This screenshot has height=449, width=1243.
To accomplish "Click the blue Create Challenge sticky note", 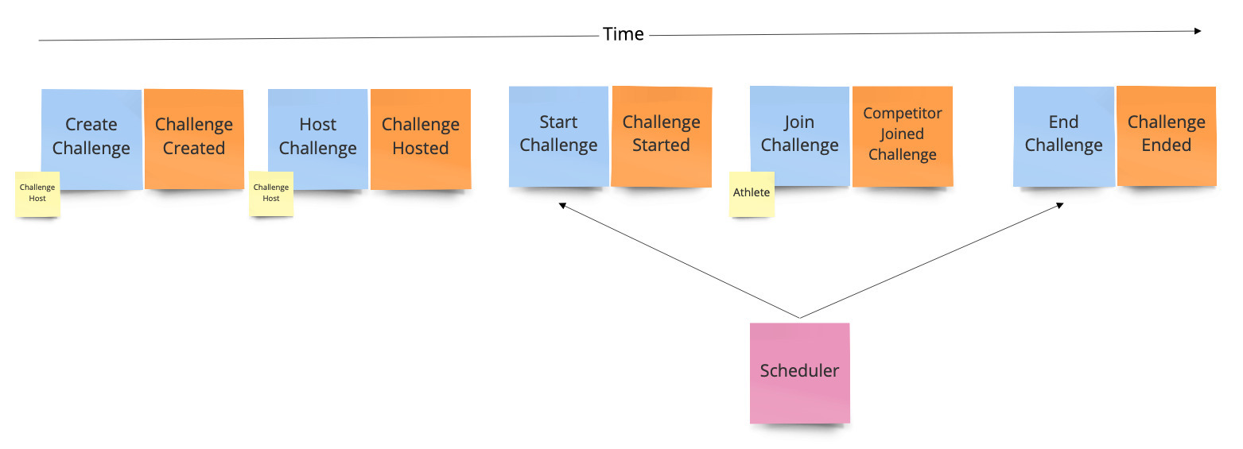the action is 91,139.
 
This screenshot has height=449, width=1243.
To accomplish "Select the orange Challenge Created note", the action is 194,138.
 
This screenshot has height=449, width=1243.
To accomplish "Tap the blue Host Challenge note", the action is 318,138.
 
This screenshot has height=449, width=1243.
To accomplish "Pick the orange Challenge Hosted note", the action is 421,138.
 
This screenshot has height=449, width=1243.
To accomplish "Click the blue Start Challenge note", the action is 558,137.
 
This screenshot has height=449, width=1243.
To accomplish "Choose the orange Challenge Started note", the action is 662,137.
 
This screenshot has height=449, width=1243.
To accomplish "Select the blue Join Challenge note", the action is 799,136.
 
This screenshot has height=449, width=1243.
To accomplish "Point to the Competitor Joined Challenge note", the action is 903,136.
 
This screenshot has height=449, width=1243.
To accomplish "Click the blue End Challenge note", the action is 1064,137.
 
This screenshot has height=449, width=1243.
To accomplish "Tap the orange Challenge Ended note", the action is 1167,136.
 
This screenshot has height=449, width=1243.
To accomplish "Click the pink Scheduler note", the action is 799,373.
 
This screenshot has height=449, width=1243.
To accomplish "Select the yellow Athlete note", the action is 752,194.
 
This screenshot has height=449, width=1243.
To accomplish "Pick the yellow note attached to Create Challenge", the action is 37,194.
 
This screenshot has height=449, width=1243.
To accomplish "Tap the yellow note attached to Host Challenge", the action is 271,193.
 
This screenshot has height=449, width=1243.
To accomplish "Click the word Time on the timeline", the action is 623,34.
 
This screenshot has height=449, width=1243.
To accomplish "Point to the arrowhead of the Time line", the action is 1198,31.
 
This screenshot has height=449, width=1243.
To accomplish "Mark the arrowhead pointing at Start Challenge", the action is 562,205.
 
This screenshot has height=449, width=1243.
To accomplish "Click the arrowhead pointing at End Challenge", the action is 1060,205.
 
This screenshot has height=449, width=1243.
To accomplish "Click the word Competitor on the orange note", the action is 903,113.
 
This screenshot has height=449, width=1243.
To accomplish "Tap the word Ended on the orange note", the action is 1167,145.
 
